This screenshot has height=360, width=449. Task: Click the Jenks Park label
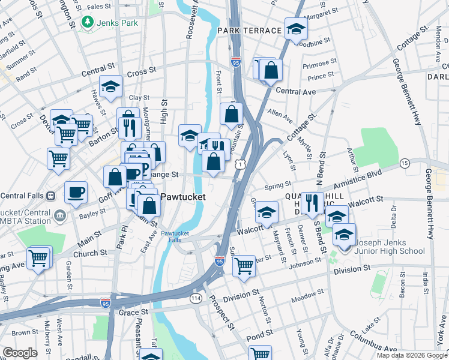pos(119,23)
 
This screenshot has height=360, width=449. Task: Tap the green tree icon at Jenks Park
pos(88,23)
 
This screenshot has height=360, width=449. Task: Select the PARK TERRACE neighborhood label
pos(250,30)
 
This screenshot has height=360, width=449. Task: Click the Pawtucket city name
pos(183,197)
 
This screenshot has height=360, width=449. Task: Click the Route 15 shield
pos(405,163)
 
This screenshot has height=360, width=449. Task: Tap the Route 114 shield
pos(196,298)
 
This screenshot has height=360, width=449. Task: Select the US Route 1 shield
pos(240,163)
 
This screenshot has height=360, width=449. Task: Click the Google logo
pos(20,353)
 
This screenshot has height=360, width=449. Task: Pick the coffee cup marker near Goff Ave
pos(76,193)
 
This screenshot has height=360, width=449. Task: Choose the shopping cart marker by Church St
pos(38,259)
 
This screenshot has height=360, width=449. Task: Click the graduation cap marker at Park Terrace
pos(295,28)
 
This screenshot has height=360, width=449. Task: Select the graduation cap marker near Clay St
pos(110,86)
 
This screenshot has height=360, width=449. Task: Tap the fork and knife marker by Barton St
pos(127,127)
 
